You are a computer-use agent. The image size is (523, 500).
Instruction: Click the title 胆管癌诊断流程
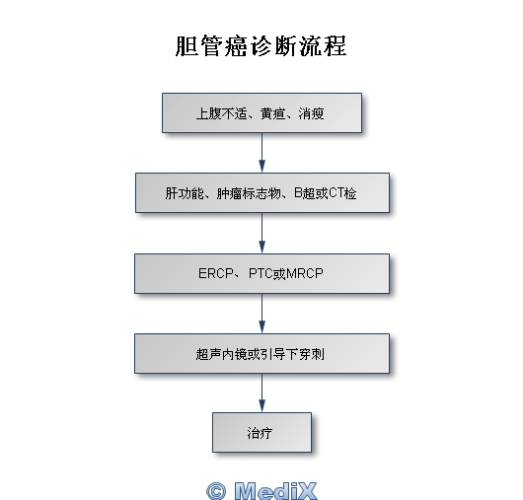coord(261,46)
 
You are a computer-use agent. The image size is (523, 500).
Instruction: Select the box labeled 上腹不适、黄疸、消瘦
coord(261,113)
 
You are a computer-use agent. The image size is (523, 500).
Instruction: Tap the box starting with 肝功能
coord(262,192)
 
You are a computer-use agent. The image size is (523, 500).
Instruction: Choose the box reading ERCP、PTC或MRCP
coord(261,273)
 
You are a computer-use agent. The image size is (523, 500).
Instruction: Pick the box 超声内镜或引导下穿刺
coord(261,354)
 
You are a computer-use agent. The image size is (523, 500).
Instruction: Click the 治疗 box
coord(261,432)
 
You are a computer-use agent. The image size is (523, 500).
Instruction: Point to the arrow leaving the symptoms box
coord(262,153)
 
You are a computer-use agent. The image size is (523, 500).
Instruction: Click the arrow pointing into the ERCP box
coord(262,233)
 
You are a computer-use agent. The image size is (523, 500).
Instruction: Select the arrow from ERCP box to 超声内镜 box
coord(262,314)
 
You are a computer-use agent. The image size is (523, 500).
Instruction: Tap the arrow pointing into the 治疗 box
coord(262,393)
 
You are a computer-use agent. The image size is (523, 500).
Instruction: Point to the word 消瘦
coord(311,113)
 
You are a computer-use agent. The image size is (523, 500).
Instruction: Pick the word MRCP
coord(305,273)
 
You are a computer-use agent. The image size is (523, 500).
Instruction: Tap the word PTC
coord(261,273)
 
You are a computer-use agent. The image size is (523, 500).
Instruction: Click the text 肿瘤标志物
coord(249,193)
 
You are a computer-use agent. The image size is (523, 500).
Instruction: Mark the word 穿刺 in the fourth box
coord(312,354)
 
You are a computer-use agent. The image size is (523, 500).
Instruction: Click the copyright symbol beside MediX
coord(216,491)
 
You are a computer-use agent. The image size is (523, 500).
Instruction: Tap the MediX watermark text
coord(275,491)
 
